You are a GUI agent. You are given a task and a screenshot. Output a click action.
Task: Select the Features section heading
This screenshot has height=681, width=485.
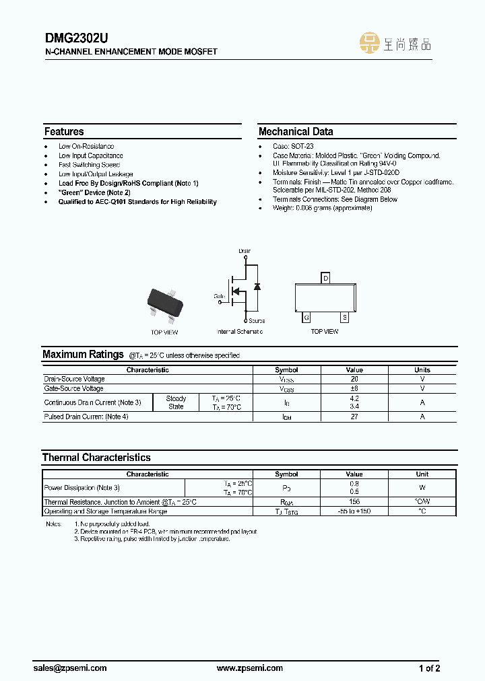64,132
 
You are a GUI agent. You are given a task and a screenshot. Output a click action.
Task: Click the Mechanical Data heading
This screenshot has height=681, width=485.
296,132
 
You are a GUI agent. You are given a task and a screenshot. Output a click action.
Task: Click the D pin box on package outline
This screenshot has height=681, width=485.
326,278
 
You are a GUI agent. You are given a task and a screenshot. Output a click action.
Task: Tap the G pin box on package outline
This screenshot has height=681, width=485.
306,317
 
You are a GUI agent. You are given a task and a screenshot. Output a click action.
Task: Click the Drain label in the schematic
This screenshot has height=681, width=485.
245,251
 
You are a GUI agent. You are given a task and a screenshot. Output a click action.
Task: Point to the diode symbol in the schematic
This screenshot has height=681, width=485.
256,286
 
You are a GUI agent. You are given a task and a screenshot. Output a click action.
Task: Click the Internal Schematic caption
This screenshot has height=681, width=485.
240,332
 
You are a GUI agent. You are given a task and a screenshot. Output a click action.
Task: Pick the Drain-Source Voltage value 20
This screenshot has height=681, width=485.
354,380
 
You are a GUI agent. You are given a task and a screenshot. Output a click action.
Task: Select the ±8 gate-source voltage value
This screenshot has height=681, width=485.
354,388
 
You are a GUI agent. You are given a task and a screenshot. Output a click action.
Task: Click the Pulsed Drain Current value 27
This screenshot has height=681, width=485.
354,417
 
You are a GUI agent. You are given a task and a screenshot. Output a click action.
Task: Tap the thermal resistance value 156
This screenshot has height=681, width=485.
354,502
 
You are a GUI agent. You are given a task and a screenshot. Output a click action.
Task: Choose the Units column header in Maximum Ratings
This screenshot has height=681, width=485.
422,370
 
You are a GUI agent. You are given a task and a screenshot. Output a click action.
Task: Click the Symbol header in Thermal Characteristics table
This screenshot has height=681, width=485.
287,474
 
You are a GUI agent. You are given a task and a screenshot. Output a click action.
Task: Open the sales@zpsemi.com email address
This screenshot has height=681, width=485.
70,668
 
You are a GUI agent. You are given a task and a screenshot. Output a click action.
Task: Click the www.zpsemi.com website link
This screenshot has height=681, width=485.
250,668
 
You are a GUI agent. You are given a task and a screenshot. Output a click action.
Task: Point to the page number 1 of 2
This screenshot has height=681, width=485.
430,668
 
